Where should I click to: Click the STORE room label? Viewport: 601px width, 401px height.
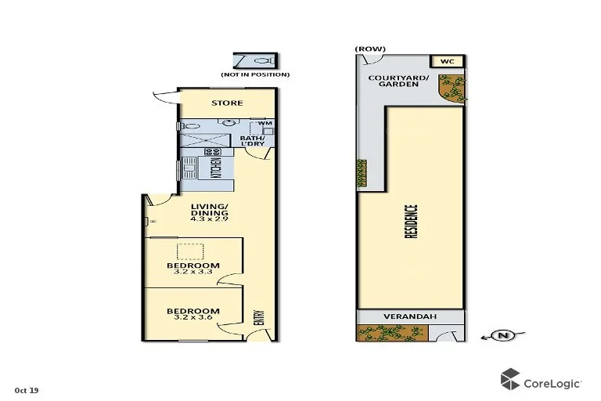click(x=227, y=103)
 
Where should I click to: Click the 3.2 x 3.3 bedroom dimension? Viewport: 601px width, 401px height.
click(x=193, y=273)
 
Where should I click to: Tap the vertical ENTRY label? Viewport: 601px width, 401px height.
click(x=259, y=319)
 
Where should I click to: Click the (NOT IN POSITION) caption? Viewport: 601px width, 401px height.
click(x=255, y=74)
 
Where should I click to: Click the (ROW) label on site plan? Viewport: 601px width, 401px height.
click(x=370, y=49)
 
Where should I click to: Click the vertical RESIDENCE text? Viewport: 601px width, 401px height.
click(x=413, y=222)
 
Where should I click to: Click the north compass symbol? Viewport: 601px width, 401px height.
click(x=502, y=336)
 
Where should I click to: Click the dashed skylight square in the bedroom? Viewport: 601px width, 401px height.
click(x=189, y=251)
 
